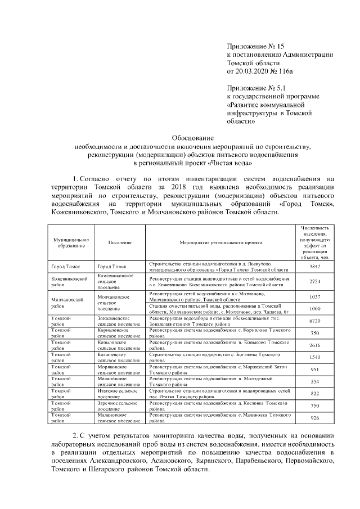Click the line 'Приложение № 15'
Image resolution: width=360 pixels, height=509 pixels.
pos(251,46)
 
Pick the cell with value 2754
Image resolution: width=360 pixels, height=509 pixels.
pos(315,282)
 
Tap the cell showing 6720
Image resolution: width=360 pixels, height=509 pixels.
pos(315,321)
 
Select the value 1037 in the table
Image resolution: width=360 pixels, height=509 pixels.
pos(315,296)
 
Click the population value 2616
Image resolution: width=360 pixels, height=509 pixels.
pos(315,346)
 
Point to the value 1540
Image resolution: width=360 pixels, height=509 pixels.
pos(315,358)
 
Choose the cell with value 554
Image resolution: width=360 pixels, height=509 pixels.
pos(315,382)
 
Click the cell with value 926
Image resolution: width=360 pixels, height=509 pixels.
pos(315,418)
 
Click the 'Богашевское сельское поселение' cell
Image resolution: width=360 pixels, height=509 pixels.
pos(118,358)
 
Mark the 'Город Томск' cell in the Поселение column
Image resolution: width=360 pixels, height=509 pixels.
pos(111,267)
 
